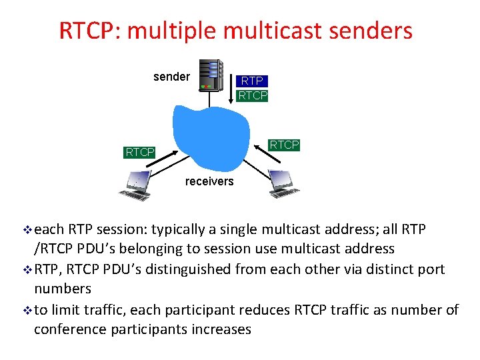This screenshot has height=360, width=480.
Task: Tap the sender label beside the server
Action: click(171, 77)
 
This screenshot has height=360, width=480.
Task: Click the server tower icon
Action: click(211, 74)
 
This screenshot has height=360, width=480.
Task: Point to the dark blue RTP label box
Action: click(252, 81)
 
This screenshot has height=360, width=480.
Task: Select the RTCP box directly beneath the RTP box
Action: click(252, 95)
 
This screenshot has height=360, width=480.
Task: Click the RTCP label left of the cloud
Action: click(139, 153)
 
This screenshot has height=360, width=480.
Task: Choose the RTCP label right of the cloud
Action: click(284, 145)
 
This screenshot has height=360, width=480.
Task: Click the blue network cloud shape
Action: click(207, 133)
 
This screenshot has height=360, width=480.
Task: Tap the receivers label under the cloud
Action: click(209, 181)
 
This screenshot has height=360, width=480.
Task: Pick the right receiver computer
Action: click(284, 183)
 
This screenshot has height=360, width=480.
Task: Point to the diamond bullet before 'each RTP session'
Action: click(27, 230)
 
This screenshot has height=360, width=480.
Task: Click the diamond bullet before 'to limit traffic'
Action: click(27, 310)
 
